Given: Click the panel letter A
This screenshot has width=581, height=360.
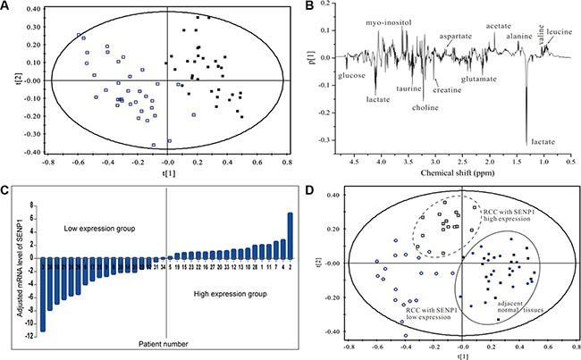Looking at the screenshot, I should (6, 6).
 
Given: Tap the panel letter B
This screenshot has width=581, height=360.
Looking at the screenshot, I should (308, 6).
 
